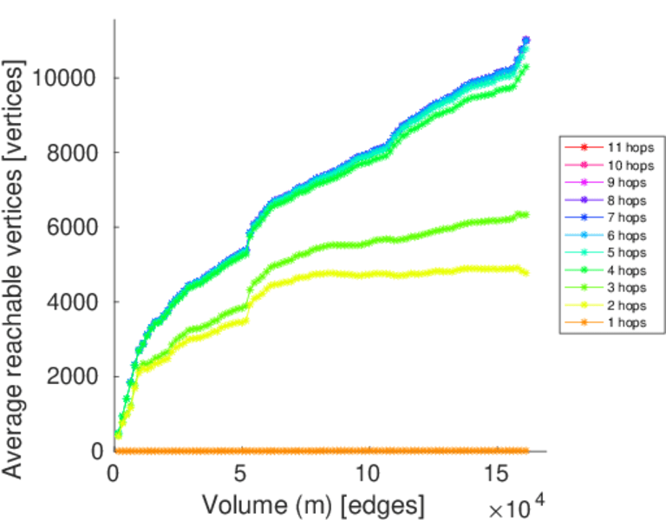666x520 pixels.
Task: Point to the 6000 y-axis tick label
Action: (75, 228)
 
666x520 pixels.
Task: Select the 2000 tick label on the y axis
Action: (75, 377)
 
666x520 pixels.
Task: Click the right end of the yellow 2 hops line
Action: (526, 273)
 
